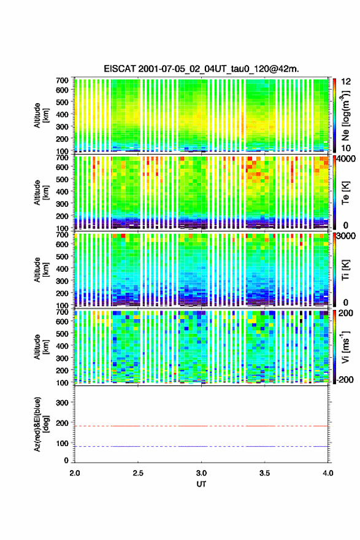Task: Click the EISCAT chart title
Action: point(201,69)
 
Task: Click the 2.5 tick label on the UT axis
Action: point(138,473)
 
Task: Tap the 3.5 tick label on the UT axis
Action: point(265,473)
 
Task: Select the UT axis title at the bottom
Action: point(201,484)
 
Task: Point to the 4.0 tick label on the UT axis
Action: point(328,473)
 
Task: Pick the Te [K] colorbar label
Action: point(345,193)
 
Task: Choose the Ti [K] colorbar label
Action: point(345,270)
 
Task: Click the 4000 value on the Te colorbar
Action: point(347,160)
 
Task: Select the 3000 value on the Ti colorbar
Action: point(347,236)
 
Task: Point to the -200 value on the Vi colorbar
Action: point(345,379)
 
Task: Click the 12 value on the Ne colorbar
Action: point(346,82)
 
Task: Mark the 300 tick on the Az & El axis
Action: point(63,403)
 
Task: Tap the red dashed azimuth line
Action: point(201,426)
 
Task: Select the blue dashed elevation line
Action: point(201,446)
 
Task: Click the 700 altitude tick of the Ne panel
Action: point(63,80)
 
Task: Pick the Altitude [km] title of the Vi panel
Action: point(41,347)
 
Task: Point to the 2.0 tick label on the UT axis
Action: point(75,473)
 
